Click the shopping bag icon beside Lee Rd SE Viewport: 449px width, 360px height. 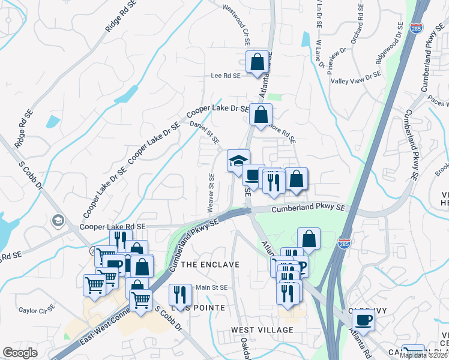click(257, 62)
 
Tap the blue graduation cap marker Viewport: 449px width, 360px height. click(238, 161)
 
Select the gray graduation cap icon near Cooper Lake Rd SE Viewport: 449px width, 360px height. click(58, 220)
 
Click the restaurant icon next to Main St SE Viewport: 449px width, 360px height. click(180, 295)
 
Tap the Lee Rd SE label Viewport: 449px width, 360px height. click(226, 76)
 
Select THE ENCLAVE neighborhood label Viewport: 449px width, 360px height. click(209, 265)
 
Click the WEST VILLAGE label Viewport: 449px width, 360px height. click(263, 330)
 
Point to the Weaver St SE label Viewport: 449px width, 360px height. click(211, 193)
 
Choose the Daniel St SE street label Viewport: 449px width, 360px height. click(205, 131)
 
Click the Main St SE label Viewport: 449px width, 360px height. click(211, 288)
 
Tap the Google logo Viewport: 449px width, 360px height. click(20, 353)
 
